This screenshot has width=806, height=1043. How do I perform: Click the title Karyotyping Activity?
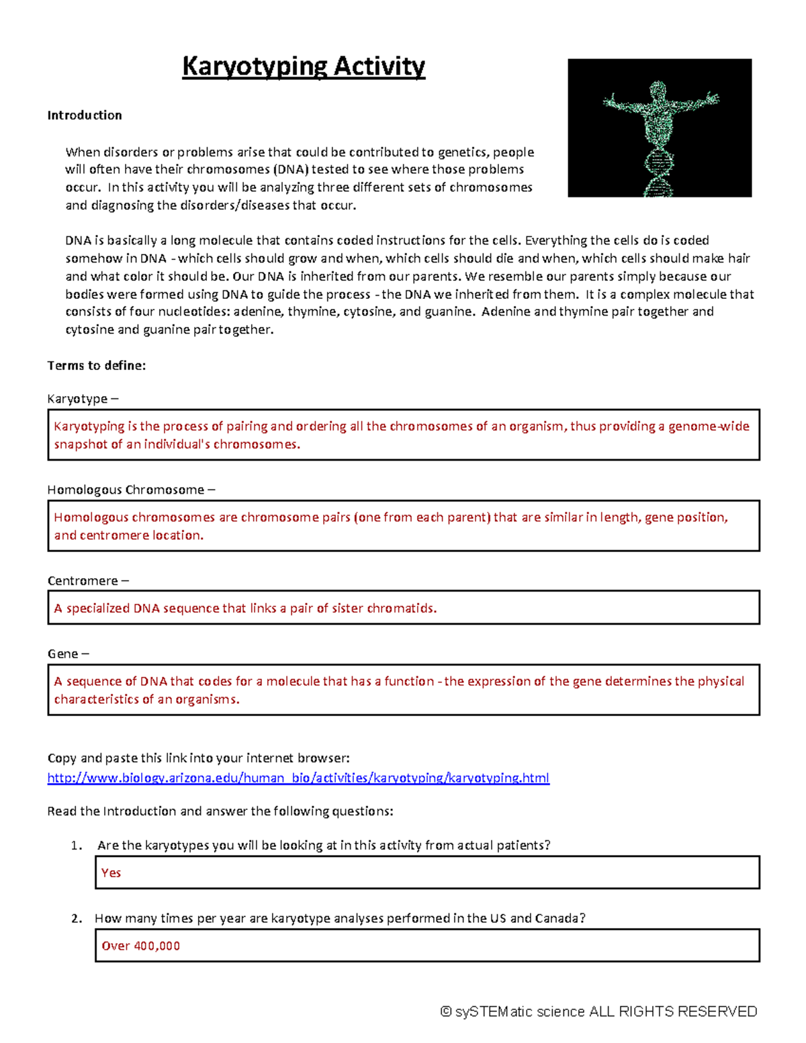coord(304,66)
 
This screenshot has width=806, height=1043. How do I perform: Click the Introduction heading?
coord(85,116)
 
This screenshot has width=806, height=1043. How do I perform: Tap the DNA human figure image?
coord(659,128)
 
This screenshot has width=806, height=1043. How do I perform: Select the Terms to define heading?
coord(96,365)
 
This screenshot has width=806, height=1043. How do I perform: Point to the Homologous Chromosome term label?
coord(126,490)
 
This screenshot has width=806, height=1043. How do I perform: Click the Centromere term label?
coord(83,581)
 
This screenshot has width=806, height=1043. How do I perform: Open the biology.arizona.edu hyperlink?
coord(298,778)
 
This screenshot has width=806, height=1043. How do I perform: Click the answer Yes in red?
coord(111,872)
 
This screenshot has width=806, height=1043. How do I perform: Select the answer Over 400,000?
coord(140,946)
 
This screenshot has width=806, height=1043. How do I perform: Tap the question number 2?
coord(76,919)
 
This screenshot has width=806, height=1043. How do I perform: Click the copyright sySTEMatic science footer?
coord(598,1011)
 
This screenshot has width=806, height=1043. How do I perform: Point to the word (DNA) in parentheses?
coord(290,170)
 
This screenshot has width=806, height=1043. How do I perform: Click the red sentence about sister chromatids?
coord(245,608)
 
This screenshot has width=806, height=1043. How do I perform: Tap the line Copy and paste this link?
coord(198,758)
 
